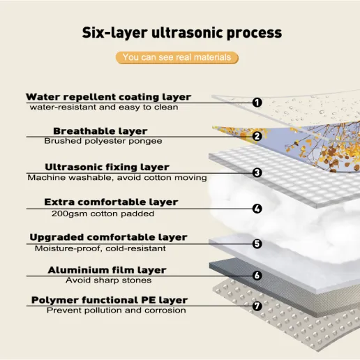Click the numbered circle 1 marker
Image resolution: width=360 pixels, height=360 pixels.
pyautogui.click(x=257, y=103)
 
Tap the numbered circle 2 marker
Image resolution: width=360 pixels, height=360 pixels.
pyautogui.click(x=257, y=136)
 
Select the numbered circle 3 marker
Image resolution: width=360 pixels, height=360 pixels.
pyautogui.click(x=257, y=172)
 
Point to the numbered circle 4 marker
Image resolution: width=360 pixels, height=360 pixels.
pyautogui.click(x=257, y=209)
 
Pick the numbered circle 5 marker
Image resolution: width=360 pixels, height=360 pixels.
pyautogui.click(x=257, y=243)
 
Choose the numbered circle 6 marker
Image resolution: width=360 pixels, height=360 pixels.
pyautogui.click(x=257, y=276)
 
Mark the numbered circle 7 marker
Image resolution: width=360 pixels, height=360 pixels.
pyautogui.click(x=257, y=306)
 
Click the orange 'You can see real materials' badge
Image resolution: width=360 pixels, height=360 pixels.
pyautogui.click(x=177, y=57)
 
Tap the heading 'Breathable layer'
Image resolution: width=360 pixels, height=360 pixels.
pyautogui.click(x=100, y=131)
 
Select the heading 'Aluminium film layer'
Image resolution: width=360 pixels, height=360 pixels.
pyautogui.click(x=107, y=270)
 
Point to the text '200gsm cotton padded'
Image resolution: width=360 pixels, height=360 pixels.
pyautogui.click(x=103, y=213)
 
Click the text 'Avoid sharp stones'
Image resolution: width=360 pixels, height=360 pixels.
pyautogui.click(x=109, y=280)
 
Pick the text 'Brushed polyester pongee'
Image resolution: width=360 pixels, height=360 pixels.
pyautogui.click(x=103, y=141)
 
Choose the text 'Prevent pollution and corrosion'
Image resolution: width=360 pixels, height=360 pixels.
pyautogui.click(x=117, y=310)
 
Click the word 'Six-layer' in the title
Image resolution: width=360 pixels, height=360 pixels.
pyautogui.click(x=115, y=33)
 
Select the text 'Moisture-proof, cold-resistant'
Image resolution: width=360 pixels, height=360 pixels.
pyautogui.click(x=100, y=248)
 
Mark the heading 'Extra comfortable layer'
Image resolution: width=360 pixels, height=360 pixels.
pyautogui.click(x=111, y=202)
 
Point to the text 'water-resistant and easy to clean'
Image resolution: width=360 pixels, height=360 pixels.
pyautogui.click(x=104, y=107)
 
